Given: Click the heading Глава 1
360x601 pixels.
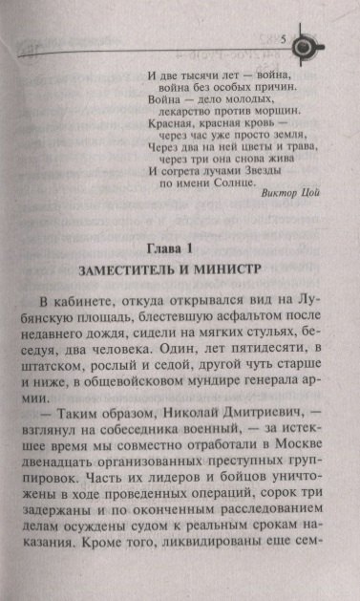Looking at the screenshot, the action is pos(179,242).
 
